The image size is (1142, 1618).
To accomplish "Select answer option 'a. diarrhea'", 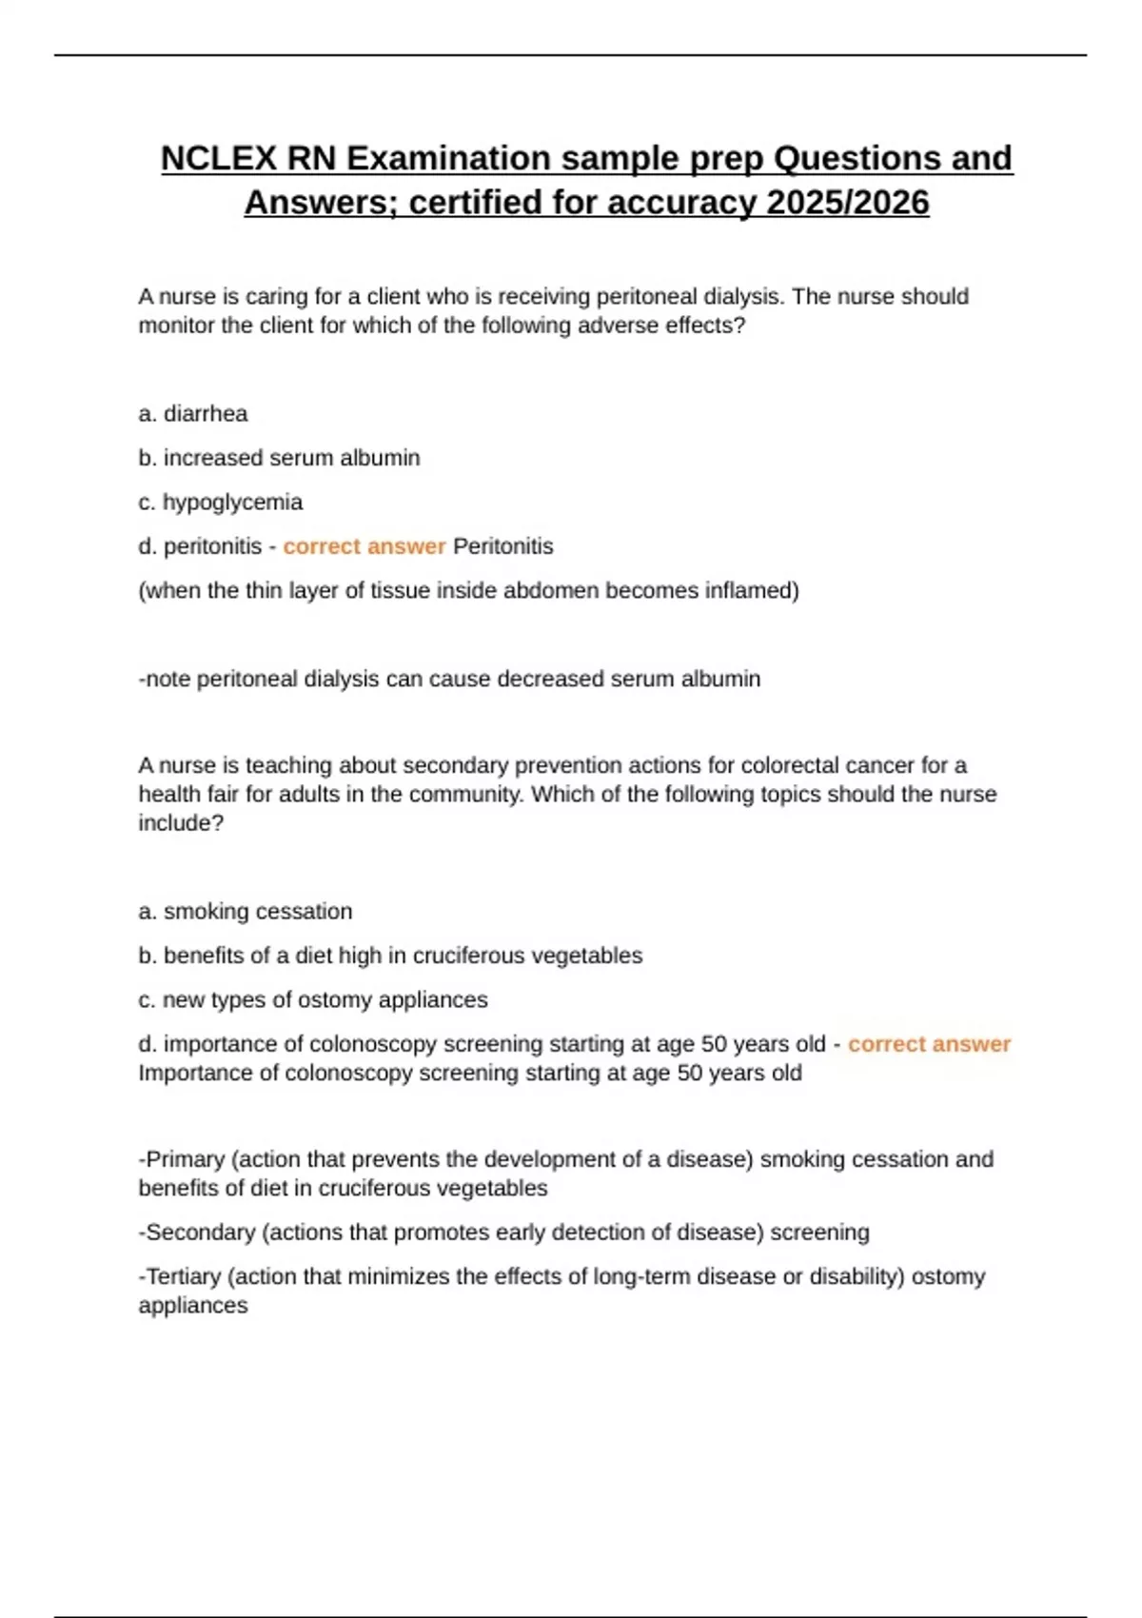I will [x=193, y=414].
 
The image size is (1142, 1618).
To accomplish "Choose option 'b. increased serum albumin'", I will [x=279, y=458].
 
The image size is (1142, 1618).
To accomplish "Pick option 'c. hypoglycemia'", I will [x=221, y=503].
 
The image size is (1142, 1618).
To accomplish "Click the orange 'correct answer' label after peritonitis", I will [x=364, y=546].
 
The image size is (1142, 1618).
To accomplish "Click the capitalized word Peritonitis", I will [x=502, y=546].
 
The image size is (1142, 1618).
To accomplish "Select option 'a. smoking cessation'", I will [x=246, y=912].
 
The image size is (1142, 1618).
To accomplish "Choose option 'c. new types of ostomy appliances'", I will [x=313, y=1000].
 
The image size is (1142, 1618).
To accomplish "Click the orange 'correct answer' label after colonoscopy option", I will [x=929, y=1044].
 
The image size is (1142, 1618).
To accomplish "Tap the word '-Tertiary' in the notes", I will [x=180, y=1276].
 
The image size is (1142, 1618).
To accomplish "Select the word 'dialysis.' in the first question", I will [x=744, y=297].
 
